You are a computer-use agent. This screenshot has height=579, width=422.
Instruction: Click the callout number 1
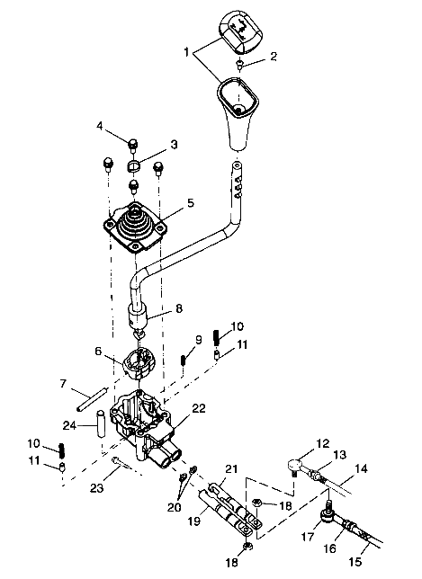point(186,52)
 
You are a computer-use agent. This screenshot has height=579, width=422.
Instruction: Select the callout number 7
point(64,384)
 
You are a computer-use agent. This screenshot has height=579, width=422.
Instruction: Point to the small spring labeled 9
point(183,360)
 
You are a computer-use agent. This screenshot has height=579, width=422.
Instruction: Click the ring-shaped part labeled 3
point(135,165)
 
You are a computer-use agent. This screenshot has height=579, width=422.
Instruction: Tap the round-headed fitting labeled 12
point(293,464)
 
